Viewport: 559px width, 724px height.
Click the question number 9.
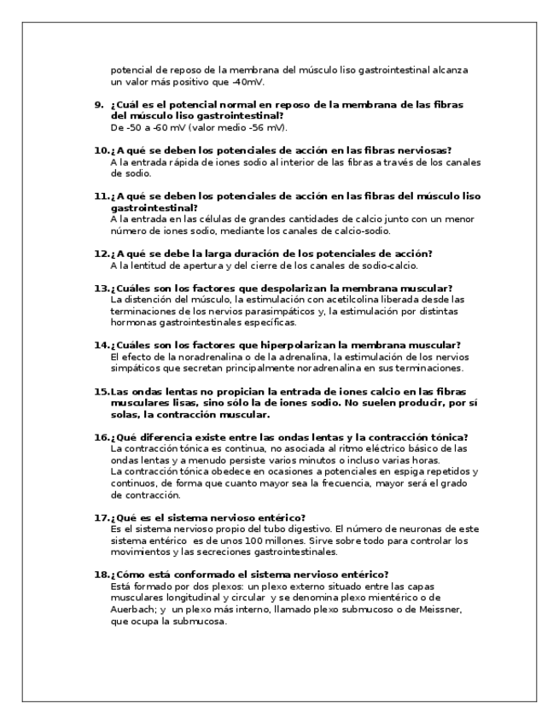[x=96, y=104]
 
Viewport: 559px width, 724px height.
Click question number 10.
[x=100, y=150]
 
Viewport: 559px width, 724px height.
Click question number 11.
[x=100, y=196]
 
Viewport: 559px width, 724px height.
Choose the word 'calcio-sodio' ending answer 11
[x=365, y=231]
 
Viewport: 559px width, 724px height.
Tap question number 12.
[x=100, y=254]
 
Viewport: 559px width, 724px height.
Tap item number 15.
[x=100, y=392]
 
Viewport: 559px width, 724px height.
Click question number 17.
[x=100, y=517]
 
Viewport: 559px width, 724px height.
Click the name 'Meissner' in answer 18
[x=438, y=610]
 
